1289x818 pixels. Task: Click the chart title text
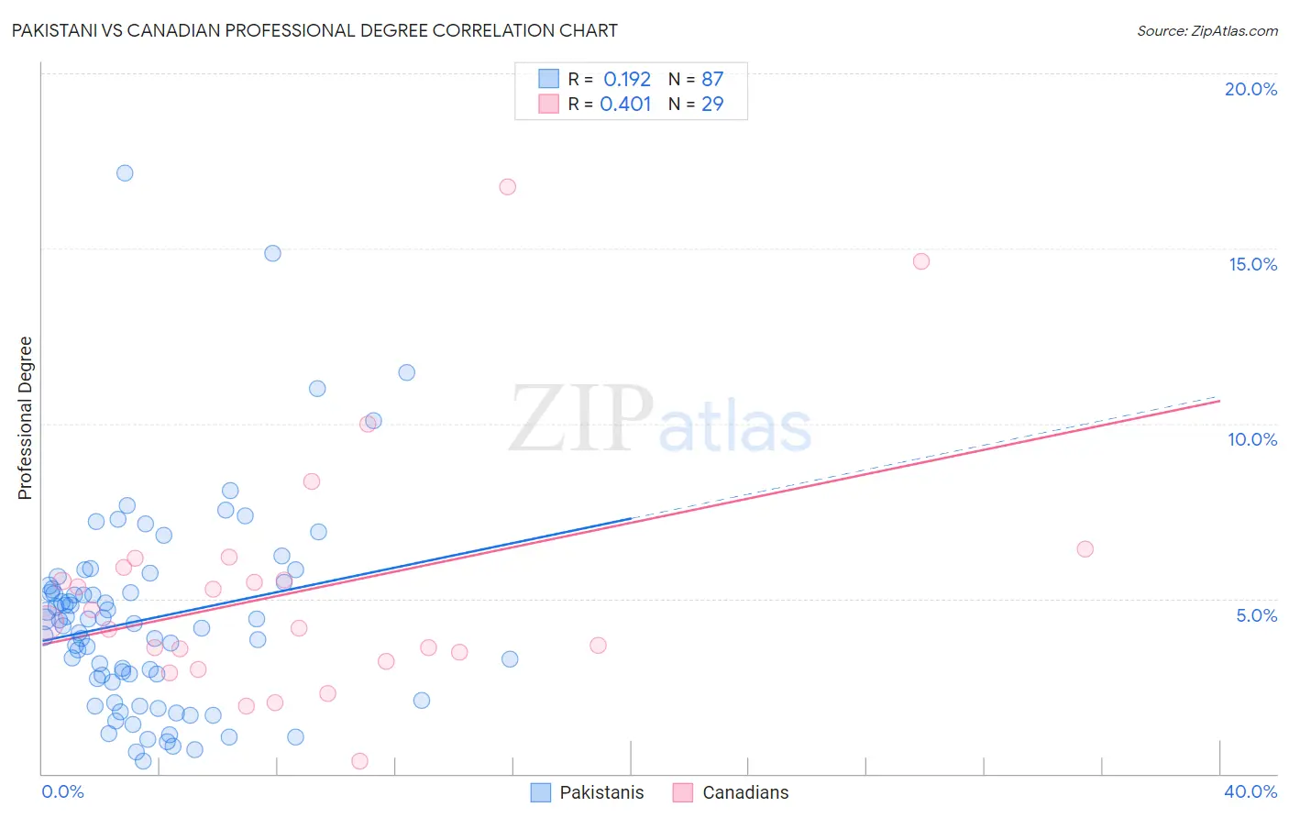pyautogui.click(x=314, y=30)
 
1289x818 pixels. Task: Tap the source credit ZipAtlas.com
pyautogui.click(x=1206, y=30)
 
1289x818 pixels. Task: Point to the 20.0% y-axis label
pyautogui.click(x=1250, y=89)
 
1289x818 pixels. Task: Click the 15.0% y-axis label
pyautogui.click(x=1252, y=264)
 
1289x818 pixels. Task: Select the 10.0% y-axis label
pyautogui.click(x=1252, y=439)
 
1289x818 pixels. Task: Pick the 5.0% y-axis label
pyautogui.click(x=1256, y=615)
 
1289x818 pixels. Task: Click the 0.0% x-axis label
pyautogui.click(x=62, y=791)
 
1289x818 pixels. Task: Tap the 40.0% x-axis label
pyautogui.click(x=1250, y=791)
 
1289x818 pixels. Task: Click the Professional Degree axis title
pyautogui.click(x=25, y=418)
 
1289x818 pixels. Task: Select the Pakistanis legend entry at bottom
pyautogui.click(x=588, y=792)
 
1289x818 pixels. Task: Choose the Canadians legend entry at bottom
pyautogui.click(x=731, y=792)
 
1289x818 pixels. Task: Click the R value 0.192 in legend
pyautogui.click(x=626, y=80)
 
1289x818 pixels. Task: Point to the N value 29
pyautogui.click(x=712, y=105)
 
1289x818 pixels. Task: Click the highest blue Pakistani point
pyautogui.click(x=125, y=173)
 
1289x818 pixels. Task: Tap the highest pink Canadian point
pyautogui.click(x=508, y=187)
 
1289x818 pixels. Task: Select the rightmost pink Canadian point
pyautogui.click(x=1085, y=549)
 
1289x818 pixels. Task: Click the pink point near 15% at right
pyautogui.click(x=921, y=261)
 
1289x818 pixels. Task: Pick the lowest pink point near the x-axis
pyautogui.click(x=360, y=761)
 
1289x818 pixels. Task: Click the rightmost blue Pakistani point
pyautogui.click(x=510, y=659)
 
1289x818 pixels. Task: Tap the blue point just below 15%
pyautogui.click(x=272, y=253)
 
